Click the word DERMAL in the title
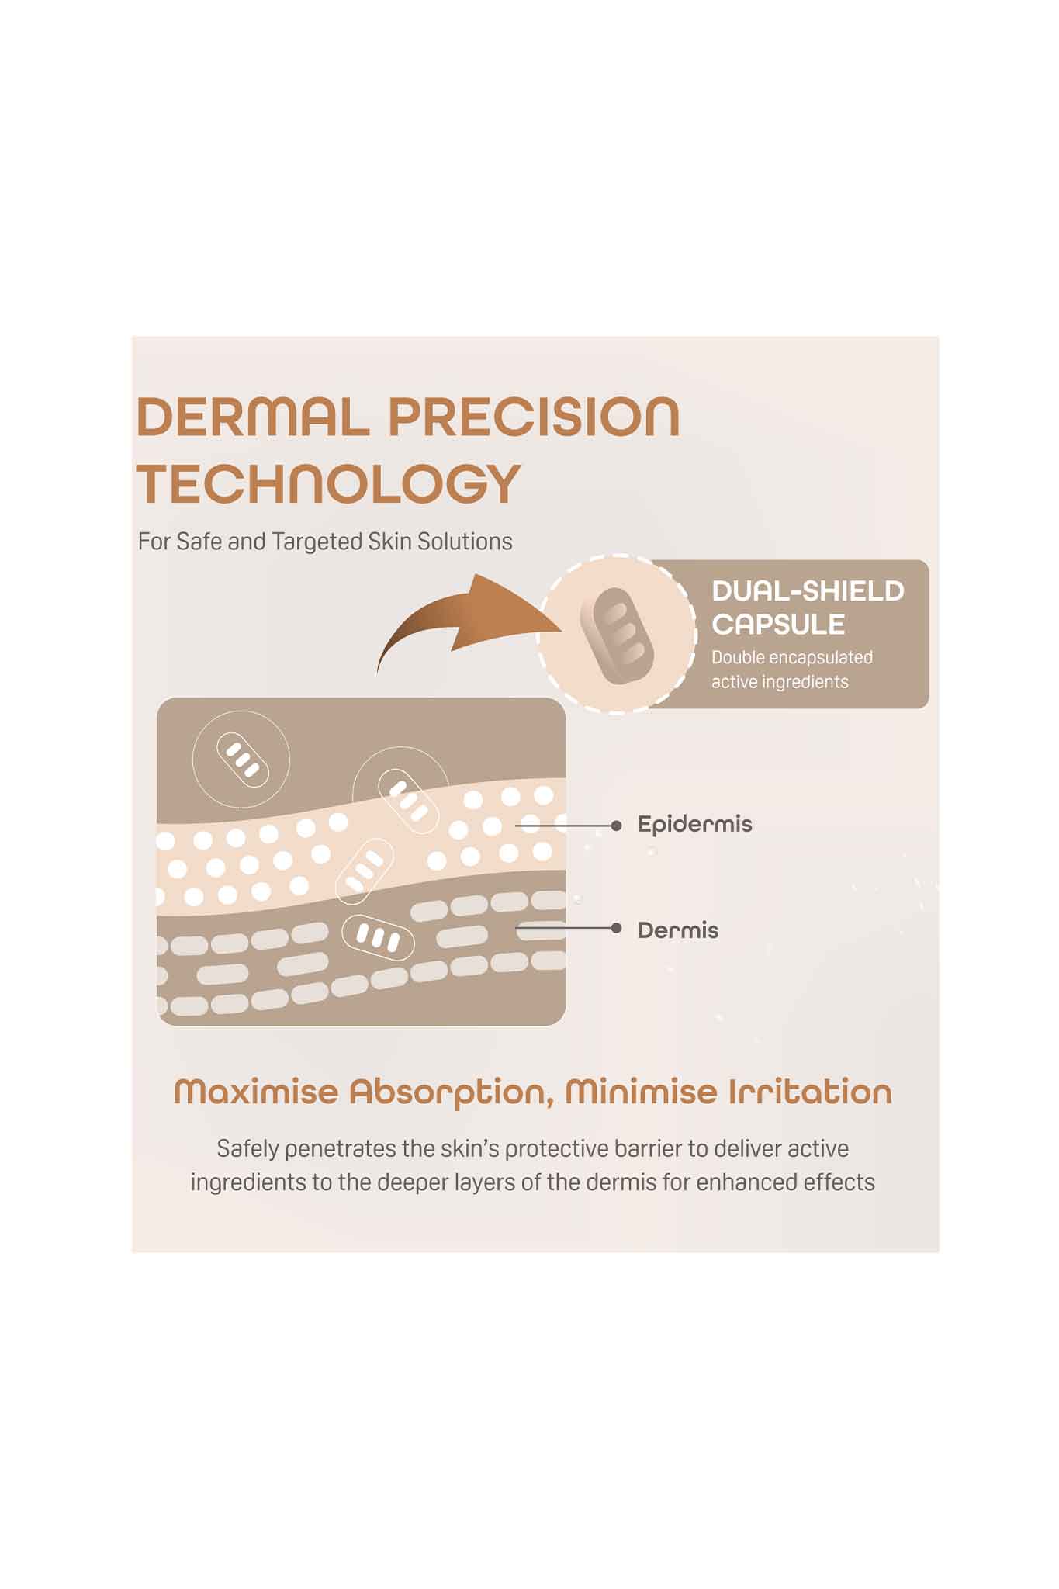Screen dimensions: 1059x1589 253,417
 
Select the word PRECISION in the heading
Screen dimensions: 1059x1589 534,417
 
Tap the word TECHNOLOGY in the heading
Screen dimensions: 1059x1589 328,483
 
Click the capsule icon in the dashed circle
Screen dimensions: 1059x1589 618,635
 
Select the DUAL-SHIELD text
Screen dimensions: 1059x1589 808,591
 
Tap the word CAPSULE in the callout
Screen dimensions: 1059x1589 778,625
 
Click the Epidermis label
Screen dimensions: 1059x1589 694,824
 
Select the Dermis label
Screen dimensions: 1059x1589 677,930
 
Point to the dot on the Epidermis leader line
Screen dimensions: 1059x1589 616,826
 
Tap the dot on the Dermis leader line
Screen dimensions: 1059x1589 616,928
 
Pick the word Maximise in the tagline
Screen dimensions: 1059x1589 256,1092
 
